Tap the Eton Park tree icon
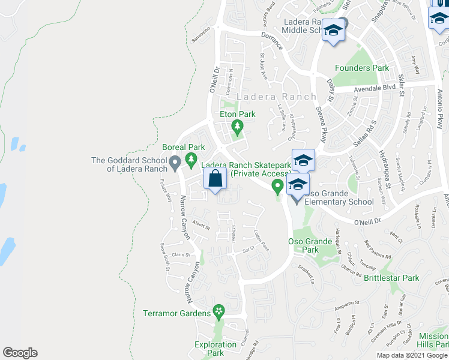pyautogui.click(x=238, y=126)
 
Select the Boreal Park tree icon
pyautogui.click(x=191, y=158)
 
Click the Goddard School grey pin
pyautogui.click(x=175, y=161)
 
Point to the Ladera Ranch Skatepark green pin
pyautogui.click(x=277, y=188)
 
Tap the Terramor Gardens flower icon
pyautogui.click(x=219, y=312)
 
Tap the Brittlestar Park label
pyautogui.click(x=391, y=278)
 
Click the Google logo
pyautogui.click(x=20, y=353)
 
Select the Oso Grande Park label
pyautogui.click(x=310, y=245)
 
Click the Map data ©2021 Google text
pyautogui.click(x=411, y=355)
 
